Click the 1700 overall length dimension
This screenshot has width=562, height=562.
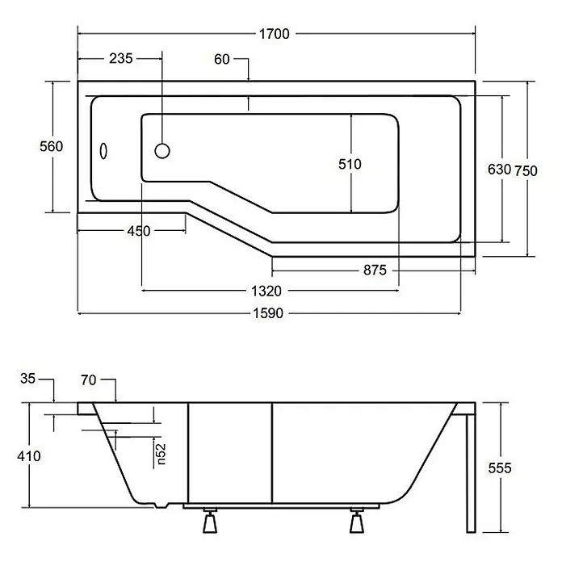(x=275, y=34)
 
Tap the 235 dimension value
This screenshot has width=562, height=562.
(x=121, y=58)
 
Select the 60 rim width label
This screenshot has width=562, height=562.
(x=222, y=59)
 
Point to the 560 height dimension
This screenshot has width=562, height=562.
(x=51, y=147)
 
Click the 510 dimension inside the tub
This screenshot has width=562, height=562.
(x=350, y=164)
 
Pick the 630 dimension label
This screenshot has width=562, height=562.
(x=499, y=170)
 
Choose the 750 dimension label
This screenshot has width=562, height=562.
(x=526, y=171)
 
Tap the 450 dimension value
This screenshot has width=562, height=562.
(x=139, y=231)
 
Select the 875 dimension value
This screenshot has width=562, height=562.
(x=375, y=270)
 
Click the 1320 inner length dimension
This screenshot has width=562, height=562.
(x=266, y=291)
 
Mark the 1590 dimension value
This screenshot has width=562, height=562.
(x=268, y=313)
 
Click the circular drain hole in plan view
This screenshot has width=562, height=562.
(x=162, y=151)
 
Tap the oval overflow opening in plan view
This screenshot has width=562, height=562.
(x=103, y=151)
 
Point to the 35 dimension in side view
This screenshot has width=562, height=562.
(x=28, y=379)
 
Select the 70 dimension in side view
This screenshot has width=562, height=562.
(x=89, y=380)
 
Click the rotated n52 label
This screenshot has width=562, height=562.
(x=161, y=454)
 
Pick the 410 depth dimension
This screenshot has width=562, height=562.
(x=29, y=456)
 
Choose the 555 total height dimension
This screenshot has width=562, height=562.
(x=500, y=468)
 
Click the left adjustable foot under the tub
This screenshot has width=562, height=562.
(x=210, y=521)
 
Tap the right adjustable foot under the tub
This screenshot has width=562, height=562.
(x=357, y=521)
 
